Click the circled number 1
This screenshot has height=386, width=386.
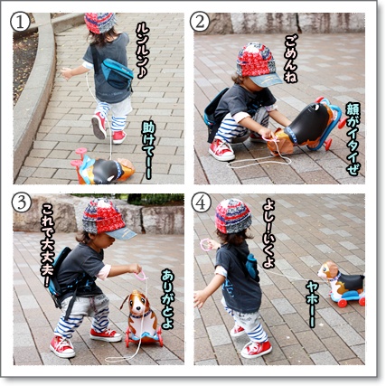tap(20, 23)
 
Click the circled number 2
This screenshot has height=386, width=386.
tap(200, 23)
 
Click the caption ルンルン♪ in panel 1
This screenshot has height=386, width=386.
tap(143, 51)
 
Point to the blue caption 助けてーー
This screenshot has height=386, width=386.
tap(149, 151)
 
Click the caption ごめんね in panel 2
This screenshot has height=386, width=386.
tap(291, 59)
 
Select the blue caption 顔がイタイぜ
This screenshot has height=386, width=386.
tap(353, 139)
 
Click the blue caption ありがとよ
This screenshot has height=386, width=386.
tap(167, 299)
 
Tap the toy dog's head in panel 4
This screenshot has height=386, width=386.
tap(328, 270)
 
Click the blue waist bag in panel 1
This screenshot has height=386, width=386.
tap(117, 72)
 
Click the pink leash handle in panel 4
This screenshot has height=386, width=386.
tap(205, 245)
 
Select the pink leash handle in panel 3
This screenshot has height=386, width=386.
tap(141, 276)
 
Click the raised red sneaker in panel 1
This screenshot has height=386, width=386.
tap(99, 125)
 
